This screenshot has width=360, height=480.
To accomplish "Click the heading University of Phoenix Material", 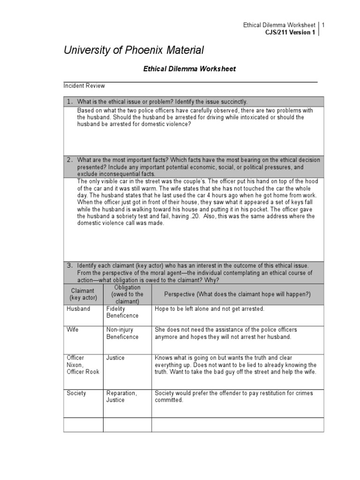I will click(x=134, y=50).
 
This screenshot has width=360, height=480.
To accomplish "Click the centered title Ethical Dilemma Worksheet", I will click(x=189, y=69).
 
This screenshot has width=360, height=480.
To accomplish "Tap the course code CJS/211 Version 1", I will click(x=290, y=32).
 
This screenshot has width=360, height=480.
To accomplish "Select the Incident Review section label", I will click(x=84, y=86).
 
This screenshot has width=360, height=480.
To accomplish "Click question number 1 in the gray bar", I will click(x=69, y=102).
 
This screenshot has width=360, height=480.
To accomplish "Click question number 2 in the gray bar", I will click(x=69, y=160).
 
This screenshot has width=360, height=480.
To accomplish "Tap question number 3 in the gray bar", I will click(x=69, y=265).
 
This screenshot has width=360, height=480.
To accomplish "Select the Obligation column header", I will click(x=127, y=294).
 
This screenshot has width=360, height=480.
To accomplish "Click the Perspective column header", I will click(x=237, y=293).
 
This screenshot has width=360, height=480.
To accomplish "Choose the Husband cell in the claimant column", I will click(x=78, y=309).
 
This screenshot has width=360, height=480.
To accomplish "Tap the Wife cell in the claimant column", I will click(x=72, y=330).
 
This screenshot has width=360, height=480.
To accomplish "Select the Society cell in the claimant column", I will click(x=76, y=393).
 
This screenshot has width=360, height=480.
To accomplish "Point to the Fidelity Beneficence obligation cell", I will click(x=122, y=313).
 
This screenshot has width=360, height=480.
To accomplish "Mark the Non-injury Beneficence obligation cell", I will click(x=122, y=333).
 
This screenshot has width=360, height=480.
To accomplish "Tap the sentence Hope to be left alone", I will click(x=210, y=309).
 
